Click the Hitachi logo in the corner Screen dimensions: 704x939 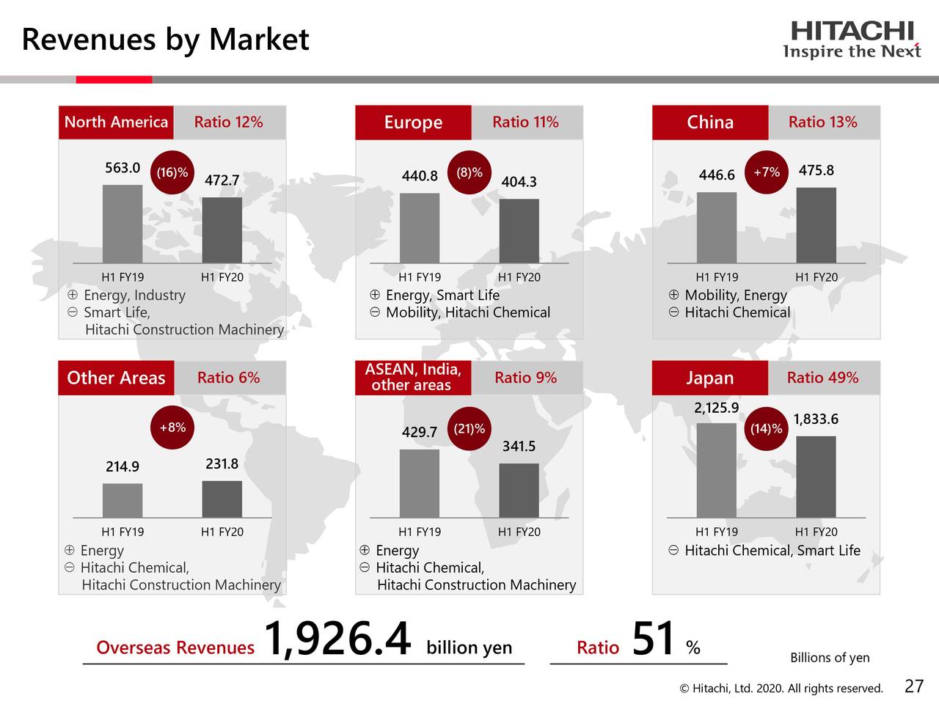[852, 40]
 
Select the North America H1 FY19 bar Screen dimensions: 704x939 [123, 224]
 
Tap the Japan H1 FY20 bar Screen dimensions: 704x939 [816, 477]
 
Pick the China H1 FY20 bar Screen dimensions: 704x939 [816, 225]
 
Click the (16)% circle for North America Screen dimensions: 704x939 [172, 173]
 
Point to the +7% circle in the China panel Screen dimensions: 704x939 [767, 172]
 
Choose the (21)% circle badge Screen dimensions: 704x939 [469, 429]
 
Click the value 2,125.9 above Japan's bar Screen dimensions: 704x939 [716, 408]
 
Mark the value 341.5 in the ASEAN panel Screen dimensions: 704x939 [519, 447]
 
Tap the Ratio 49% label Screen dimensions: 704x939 [822, 378]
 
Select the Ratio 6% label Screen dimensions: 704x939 [228, 378]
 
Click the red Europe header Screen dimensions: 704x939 [413, 122]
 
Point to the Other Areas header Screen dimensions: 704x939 [116, 378]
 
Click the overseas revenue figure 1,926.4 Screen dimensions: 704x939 [337, 639]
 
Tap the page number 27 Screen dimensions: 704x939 [914, 686]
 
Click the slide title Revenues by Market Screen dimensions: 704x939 [165, 39]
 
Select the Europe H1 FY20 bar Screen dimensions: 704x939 [519, 231]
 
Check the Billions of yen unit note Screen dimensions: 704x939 [830, 658]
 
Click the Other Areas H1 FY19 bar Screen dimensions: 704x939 [123, 500]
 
